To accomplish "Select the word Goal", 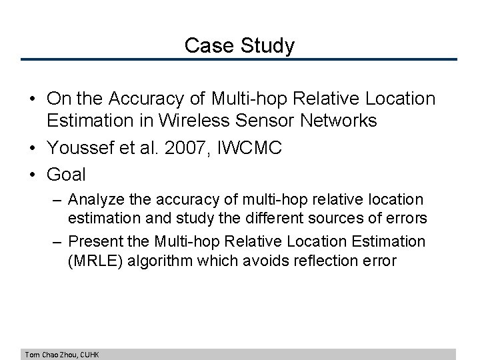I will [x=66, y=175].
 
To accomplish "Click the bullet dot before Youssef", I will [x=33, y=148].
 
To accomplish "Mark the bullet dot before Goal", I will [x=33, y=175].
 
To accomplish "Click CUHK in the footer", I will [x=89, y=355].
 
